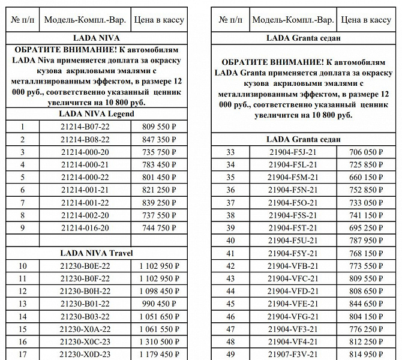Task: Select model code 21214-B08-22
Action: (x=85, y=139)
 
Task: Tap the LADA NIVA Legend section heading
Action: (x=96, y=113)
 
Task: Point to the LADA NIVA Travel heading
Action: (x=96, y=253)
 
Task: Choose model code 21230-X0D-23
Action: (x=85, y=355)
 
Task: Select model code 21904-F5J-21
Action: (x=293, y=152)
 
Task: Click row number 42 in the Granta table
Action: (x=230, y=265)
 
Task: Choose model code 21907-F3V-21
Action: (x=293, y=354)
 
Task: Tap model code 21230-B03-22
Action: (x=85, y=317)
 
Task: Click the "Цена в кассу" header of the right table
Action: (x=365, y=20)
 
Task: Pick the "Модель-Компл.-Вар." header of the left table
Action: (x=85, y=20)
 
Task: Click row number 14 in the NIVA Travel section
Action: (x=22, y=317)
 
